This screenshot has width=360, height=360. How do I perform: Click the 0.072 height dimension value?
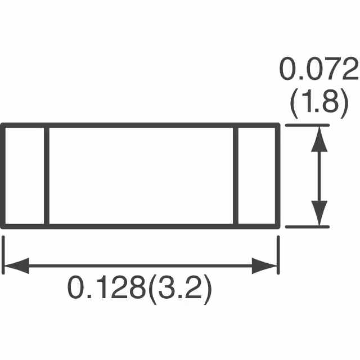318,71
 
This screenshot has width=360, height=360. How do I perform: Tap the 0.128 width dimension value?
105,290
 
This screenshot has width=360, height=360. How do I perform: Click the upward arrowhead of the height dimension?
319,137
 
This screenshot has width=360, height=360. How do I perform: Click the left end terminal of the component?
25,175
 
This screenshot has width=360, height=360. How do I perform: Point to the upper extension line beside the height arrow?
307,126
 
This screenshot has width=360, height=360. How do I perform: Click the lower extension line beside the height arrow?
307,227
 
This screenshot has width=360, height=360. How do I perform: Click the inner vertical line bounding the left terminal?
47,175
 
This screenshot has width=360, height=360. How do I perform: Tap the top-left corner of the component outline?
3,126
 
